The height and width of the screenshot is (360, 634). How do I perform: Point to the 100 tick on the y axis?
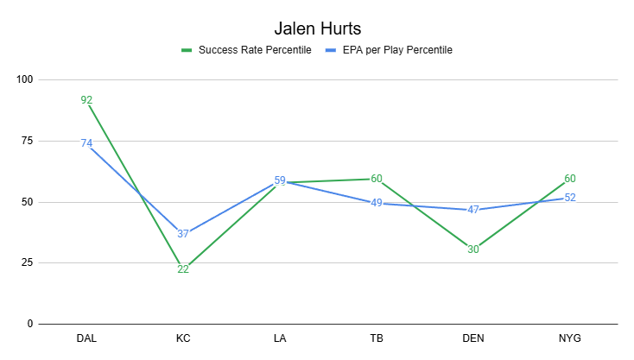[x=23, y=79]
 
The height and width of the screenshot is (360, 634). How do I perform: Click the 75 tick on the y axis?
[x=26, y=141]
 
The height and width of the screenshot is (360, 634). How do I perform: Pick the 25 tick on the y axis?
[x=26, y=263]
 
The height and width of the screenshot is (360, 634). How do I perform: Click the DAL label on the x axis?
[x=86, y=338]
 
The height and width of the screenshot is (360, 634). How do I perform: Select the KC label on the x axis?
[x=183, y=338]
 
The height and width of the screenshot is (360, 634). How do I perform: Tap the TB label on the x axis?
[x=377, y=338]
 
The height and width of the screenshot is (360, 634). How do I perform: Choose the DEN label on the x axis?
[x=473, y=338]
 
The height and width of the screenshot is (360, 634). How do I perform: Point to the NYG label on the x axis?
[x=570, y=338]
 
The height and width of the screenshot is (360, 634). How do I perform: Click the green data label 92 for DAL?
[x=86, y=100]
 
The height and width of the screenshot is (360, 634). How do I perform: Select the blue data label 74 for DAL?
[x=86, y=143]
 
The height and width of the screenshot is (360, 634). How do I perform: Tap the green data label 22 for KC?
[x=183, y=269]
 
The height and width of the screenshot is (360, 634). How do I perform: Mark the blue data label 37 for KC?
[x=183, y=234]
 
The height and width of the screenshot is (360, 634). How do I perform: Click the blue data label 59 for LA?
[x=280, y=180]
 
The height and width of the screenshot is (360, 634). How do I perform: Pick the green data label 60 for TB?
[x=377, y=179]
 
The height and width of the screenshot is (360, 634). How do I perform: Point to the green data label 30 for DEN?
[x=473, y=249]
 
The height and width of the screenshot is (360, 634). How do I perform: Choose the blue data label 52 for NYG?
[x=570, y=198]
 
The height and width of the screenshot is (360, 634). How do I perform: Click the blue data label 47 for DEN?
[x=473, y=210]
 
